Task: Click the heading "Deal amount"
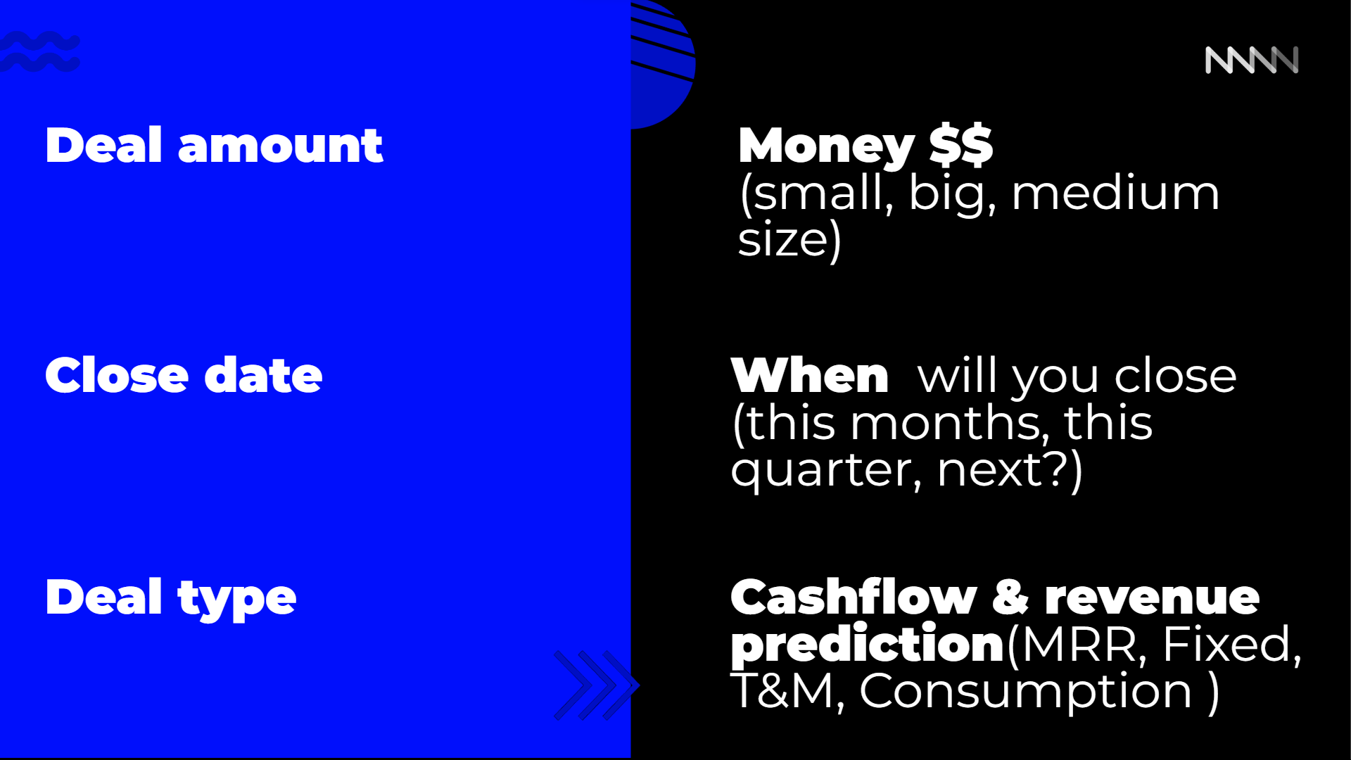point(214,146)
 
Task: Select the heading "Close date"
point(184,375)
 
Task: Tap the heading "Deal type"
point(171,597)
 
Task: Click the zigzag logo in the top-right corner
point(1252,60)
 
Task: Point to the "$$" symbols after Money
point(961,145)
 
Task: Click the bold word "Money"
point(826,147)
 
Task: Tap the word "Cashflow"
point(854,597)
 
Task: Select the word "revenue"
point(1152,599)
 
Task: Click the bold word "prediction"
point(868,645)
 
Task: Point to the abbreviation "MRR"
point(1080,644)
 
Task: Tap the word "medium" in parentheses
point(1115,193)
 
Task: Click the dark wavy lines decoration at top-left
point(39,51)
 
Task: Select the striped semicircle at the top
point(663,64)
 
